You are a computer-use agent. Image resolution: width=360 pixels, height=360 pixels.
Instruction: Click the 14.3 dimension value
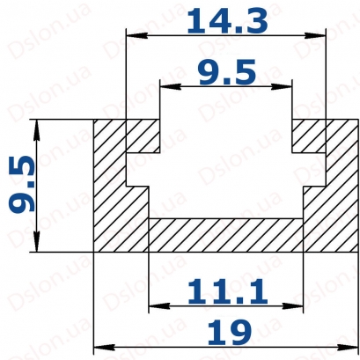pos(227,20)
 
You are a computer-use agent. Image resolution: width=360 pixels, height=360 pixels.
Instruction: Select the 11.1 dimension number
pos(227,291)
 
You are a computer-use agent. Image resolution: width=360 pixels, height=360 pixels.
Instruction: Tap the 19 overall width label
pos(229,333)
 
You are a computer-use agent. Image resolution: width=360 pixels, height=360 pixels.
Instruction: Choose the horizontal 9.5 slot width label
pos(227,71)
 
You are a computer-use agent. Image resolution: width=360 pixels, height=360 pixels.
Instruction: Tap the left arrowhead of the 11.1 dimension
pos(159,306)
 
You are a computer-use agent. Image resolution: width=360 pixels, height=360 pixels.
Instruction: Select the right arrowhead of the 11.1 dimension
pos(292,306)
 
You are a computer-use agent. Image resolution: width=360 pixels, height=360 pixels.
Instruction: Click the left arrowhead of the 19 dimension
pos(104,347)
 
